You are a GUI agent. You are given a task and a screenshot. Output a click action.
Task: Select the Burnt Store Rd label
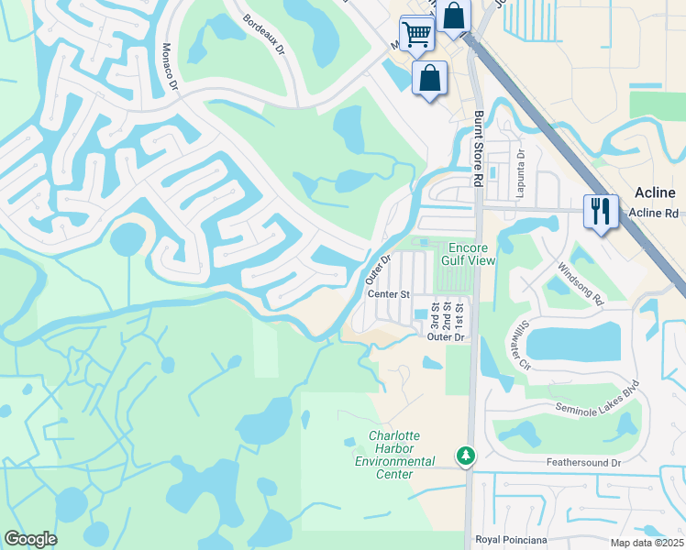click(477, 150)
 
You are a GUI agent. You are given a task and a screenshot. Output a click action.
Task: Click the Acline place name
click(655, 192)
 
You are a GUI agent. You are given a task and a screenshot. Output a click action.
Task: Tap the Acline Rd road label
click(654, 214)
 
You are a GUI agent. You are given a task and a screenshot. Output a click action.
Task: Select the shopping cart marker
click(417, 35)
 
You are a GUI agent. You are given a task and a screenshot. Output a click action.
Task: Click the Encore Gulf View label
click(471, 254)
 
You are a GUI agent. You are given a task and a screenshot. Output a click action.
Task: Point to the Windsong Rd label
click(581, 284)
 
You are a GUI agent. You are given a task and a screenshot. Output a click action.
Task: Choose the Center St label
click(388, 294)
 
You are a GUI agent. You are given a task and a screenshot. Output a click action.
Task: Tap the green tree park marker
click(466, 455)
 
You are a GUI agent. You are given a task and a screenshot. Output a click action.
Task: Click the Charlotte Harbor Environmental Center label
click(394, 448)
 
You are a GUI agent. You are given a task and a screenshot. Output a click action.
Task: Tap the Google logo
click(30, 539)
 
